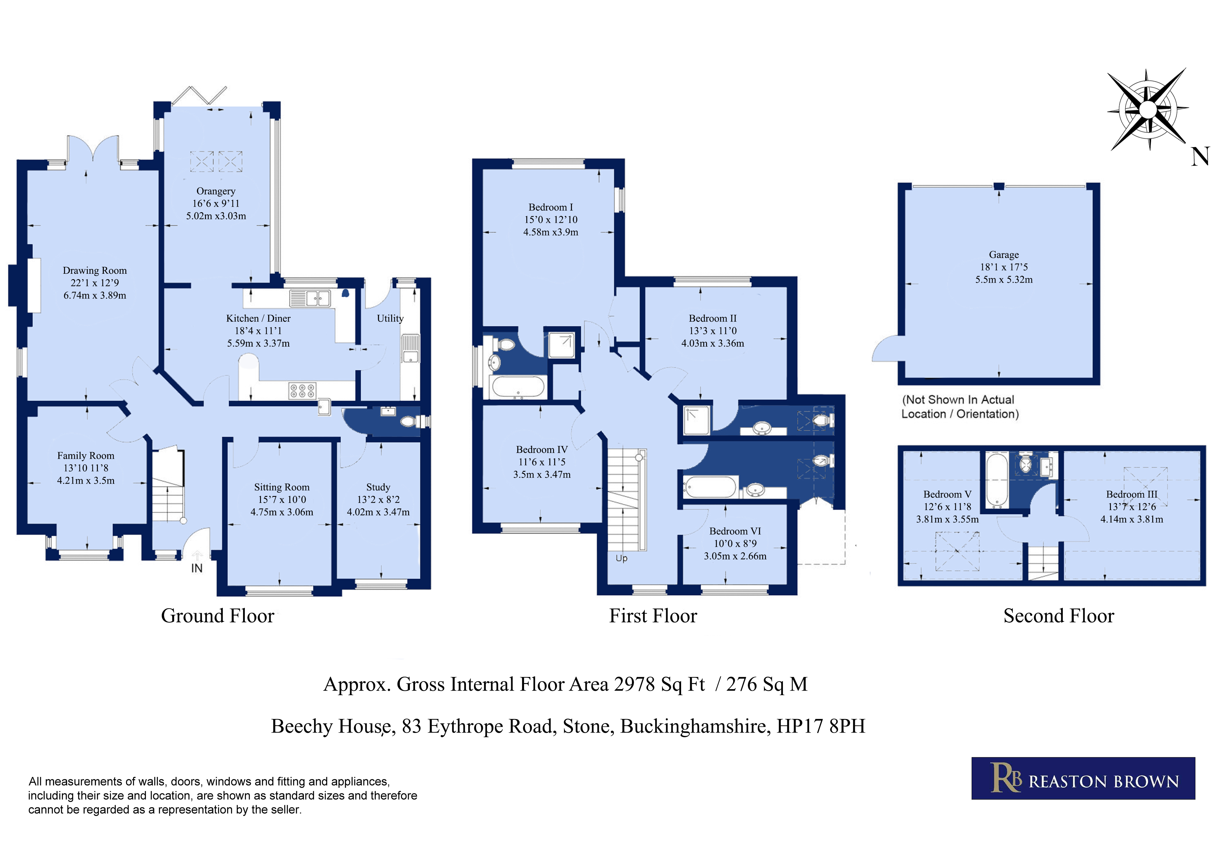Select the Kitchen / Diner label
coord(258,318)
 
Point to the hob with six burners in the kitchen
coord(302,391)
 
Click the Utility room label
coord(390,318)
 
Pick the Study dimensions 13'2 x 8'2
coord(378,499)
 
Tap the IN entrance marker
coord(197,568)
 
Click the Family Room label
coord(86,456)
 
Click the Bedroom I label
coord(551,207)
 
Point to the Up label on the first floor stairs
coord(622,558)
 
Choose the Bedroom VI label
coord(735,531)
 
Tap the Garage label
coord(1004,255)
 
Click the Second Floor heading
coord(1059,616)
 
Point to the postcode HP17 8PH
coord(821,726)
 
